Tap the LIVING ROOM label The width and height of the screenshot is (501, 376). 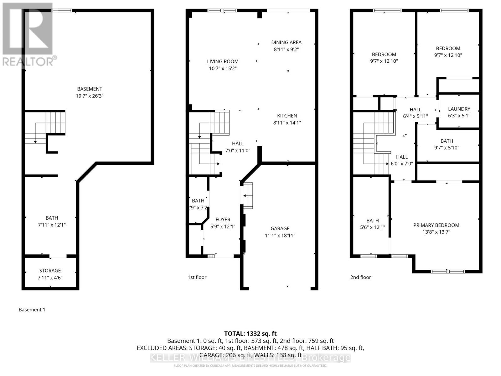point(223,61)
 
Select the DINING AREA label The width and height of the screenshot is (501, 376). point(286,42)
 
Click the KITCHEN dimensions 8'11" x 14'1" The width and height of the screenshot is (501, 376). point(287,123)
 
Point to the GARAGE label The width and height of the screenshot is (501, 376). point(280,228)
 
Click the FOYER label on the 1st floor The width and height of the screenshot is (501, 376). point(223,220)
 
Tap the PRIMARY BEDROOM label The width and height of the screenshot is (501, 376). point(436,225)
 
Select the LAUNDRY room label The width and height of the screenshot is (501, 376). point(459,109)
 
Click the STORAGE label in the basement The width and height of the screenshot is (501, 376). point(50,270)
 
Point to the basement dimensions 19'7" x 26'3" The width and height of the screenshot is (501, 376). point(90,96)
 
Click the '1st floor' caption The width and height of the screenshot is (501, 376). point(197,277)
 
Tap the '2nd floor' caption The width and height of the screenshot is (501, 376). point(360,277)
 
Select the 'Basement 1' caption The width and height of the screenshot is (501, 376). point(32,310)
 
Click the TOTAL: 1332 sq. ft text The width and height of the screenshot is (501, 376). point(250,334)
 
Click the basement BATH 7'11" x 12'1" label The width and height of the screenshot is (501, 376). point(52,221)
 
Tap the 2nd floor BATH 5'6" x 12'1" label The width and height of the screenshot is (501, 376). point(373,224)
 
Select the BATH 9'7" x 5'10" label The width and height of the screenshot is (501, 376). point(447,144)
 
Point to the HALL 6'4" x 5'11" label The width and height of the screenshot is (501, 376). point(416,112)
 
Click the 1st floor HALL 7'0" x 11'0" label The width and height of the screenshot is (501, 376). point(238,147)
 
